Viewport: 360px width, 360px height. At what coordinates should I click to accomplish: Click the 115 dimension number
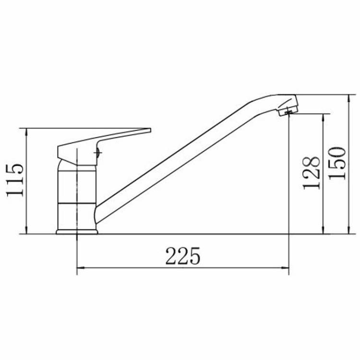coord(15,180)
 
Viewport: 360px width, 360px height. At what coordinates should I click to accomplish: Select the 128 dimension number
coord(312,173)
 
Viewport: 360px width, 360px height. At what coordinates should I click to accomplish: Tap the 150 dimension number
coord(337,164)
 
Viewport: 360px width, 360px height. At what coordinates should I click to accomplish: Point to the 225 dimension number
coord(183,256)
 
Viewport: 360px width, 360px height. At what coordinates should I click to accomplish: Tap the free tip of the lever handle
coord(150,130)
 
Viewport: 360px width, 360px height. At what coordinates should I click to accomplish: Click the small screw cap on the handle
coord(98,152)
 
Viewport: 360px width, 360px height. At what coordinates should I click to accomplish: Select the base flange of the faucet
coord(77,232)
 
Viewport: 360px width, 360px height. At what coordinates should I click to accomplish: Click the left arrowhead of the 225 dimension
coord(80,268)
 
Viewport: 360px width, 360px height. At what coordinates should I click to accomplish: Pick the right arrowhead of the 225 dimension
coord(286,268)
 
